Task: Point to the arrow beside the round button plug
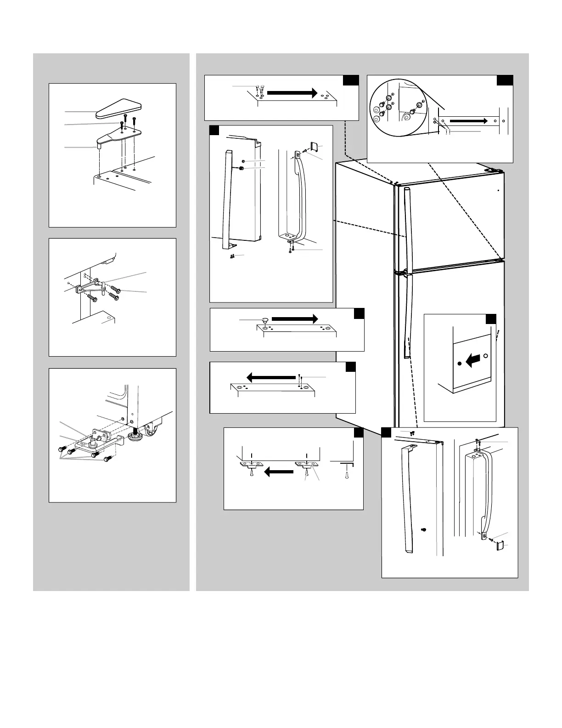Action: click(294, 318)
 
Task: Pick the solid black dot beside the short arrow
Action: click(459, 364)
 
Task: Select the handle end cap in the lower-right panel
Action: click(500, 546)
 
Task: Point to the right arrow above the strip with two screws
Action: click(292, 92)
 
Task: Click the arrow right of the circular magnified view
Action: click(467, 120)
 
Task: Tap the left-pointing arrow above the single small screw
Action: click(271, 377)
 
